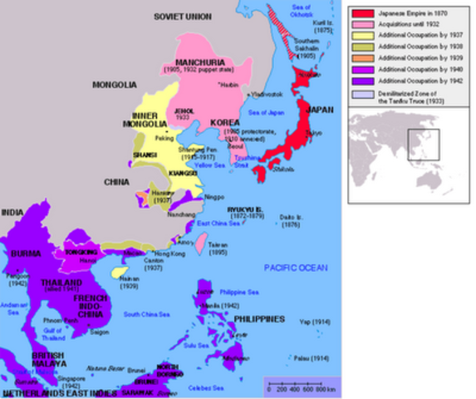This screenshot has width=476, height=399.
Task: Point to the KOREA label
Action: coord(225,122)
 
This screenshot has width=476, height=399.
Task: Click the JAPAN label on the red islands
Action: coord(319,109)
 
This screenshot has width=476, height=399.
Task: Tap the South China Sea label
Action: coord(145,313)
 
